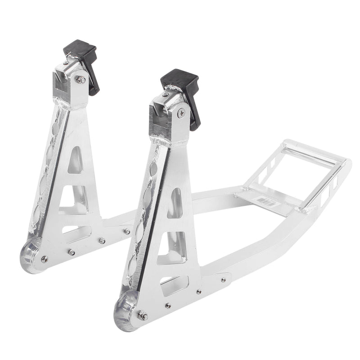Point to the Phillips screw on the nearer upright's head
click(x=181, y=113)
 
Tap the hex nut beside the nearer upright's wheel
click(x=143, y=315)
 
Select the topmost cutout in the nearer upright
click(x=175, y=203)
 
